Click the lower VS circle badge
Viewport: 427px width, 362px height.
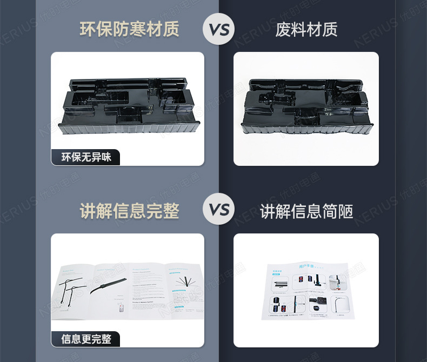pyautogui.click(x=219, y=210)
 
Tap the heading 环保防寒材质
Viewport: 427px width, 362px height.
pyautogui.click(x=129, y=29)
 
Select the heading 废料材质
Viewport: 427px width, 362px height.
pyautogui.click(x=306, y=29)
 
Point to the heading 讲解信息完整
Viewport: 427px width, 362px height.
pyautogui.click(x=129, y=211)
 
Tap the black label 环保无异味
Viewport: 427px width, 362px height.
pyautogui.click(x=86, y=157)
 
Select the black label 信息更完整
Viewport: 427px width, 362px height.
pyautogui.click(x=86, y=339)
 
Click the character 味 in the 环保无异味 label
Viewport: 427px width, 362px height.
pyautogui.click(x=106, y=157)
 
